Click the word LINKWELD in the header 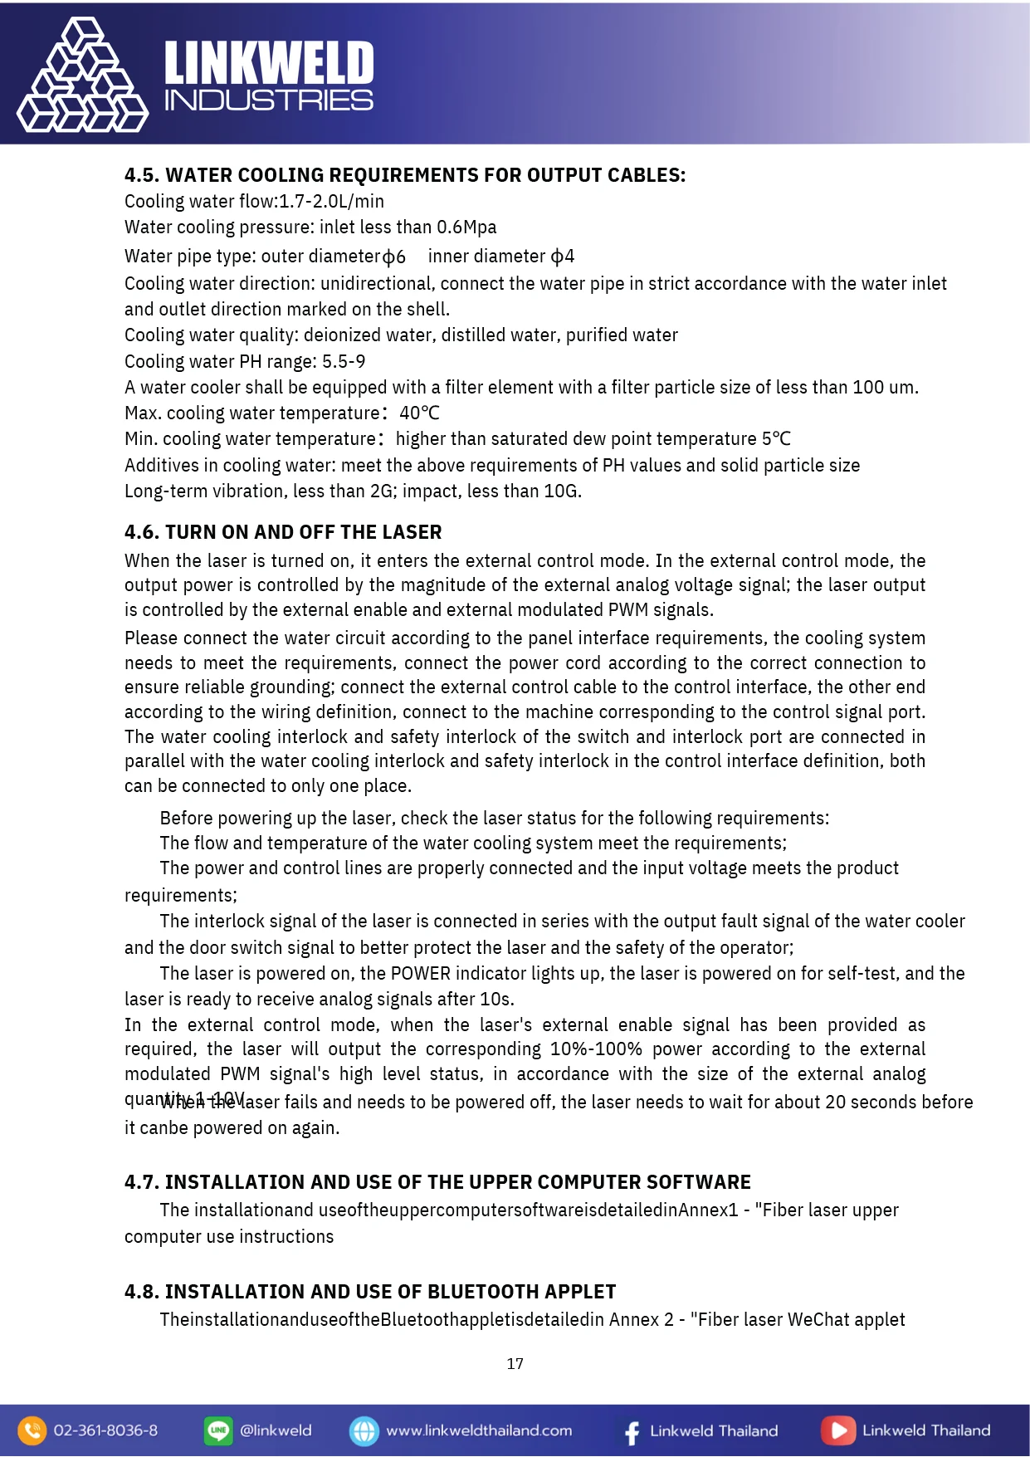pos(269,63)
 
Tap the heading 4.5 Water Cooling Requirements pos(405,175)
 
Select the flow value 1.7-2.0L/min pos(331,202)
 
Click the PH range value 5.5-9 pos(344,362)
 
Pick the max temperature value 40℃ pos(419,413)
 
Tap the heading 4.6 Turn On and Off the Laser pos(283,532)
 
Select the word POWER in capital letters pos(422,974)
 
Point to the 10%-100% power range pos(596,1049)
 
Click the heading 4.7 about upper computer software pos(437,1182)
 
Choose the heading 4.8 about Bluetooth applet pos(370,1292)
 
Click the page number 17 pos(515,1364)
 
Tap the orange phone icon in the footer pos(32,1430)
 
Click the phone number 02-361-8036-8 pos(105,1430)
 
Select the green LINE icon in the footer pos(218,1430)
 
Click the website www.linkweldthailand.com pos(479,1430)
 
